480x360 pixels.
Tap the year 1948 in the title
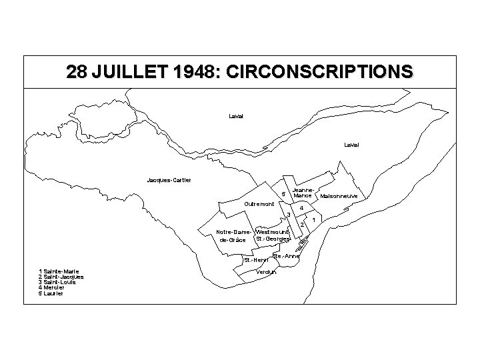pyautogui.click(x=187, y=71)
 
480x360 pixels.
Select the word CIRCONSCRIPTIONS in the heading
pyautogui.click(x=319, y=71)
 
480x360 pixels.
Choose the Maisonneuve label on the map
pyautogui.click(x=339, y=197)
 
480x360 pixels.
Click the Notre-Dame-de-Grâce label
pyautogui.click(x=233, y=235)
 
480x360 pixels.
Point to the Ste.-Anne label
pyautogui.click(x=287, y=255)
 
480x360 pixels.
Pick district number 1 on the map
pyautogui.click(x=313, y=219)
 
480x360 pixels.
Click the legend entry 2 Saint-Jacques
pyautogui.click(x=61, y=277)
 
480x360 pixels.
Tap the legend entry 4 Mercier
pyautogui.click(x=53, y=287)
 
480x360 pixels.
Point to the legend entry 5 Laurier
pyautogui.click(x=52, y=293)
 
